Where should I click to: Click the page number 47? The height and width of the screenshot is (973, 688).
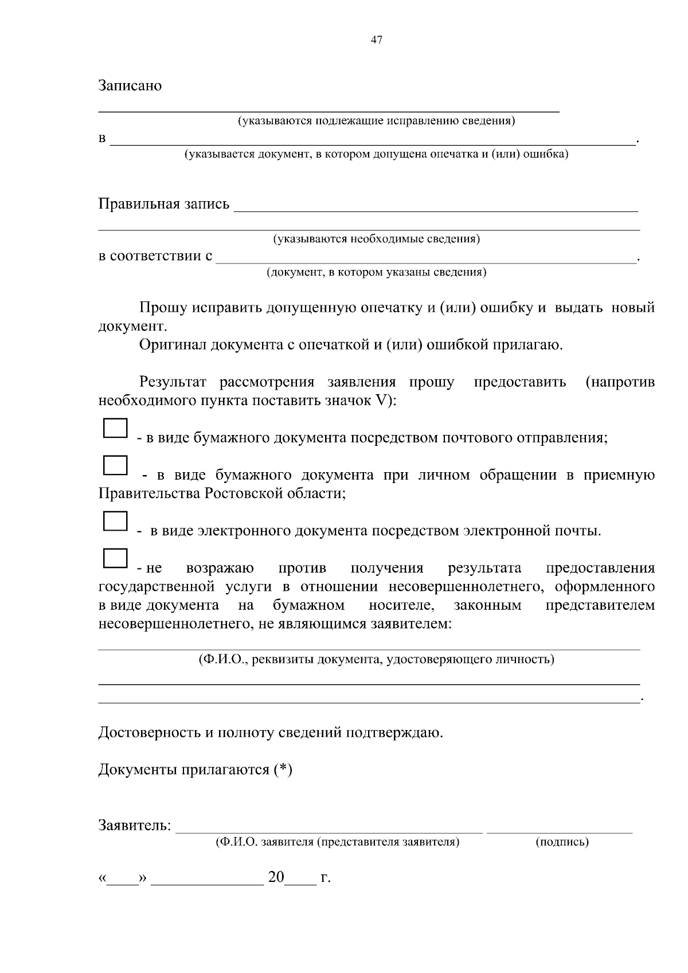coord(377,40)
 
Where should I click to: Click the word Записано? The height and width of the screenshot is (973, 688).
coord(130,86)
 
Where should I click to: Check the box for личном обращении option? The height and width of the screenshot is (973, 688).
coord(115,465)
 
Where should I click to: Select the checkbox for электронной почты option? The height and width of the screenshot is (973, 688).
coord(115,521)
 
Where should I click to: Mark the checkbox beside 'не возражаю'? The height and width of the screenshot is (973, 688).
coord(115,558)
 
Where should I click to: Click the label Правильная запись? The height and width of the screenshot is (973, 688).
coord(164,204)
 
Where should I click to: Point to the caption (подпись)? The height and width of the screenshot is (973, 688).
coord(562,842)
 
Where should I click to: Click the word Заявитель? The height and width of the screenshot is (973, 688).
coord(135,826)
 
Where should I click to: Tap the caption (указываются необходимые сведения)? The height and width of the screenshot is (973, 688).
coord(376,238)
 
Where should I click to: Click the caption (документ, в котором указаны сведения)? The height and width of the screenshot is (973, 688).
coord(376,272)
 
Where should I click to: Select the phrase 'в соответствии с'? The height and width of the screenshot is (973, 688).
coord(155,256)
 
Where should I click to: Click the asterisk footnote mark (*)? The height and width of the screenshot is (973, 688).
coord(283,770)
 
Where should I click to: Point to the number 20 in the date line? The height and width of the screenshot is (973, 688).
coord(276,877)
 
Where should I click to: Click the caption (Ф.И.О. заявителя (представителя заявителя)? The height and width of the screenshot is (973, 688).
coord(337,842)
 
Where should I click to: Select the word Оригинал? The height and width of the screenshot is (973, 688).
coord(173,345)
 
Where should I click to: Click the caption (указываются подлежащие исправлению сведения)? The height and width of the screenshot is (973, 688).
coord(376,121)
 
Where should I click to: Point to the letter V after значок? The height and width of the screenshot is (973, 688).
coord(380,401)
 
